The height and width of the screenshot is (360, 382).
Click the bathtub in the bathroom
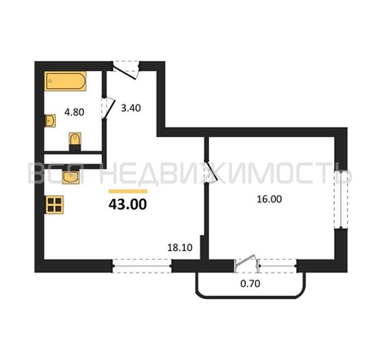pos(65,81)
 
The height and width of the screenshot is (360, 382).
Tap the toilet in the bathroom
pos(75,141)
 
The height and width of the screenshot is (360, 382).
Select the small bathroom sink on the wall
pos(51,121)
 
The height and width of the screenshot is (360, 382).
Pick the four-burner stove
pos(54,205)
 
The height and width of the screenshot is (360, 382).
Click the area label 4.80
pos(75,112)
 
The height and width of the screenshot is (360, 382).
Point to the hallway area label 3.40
pos(131,108)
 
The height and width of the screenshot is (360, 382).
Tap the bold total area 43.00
pos(128,204)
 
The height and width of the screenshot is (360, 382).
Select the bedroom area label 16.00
pos(269,199)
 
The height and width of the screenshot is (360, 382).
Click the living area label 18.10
pos(180,248)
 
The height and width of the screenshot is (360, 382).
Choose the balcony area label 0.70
pos(250,284)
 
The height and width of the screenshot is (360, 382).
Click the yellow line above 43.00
pos(128,191)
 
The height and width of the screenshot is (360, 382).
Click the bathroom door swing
pos(108,109)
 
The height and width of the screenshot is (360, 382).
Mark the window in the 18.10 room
pos(141,266)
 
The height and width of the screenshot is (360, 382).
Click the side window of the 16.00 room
pos(341,199)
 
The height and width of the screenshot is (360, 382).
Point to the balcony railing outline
pos(250,297)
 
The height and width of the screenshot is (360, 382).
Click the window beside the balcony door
pos(278,266)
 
